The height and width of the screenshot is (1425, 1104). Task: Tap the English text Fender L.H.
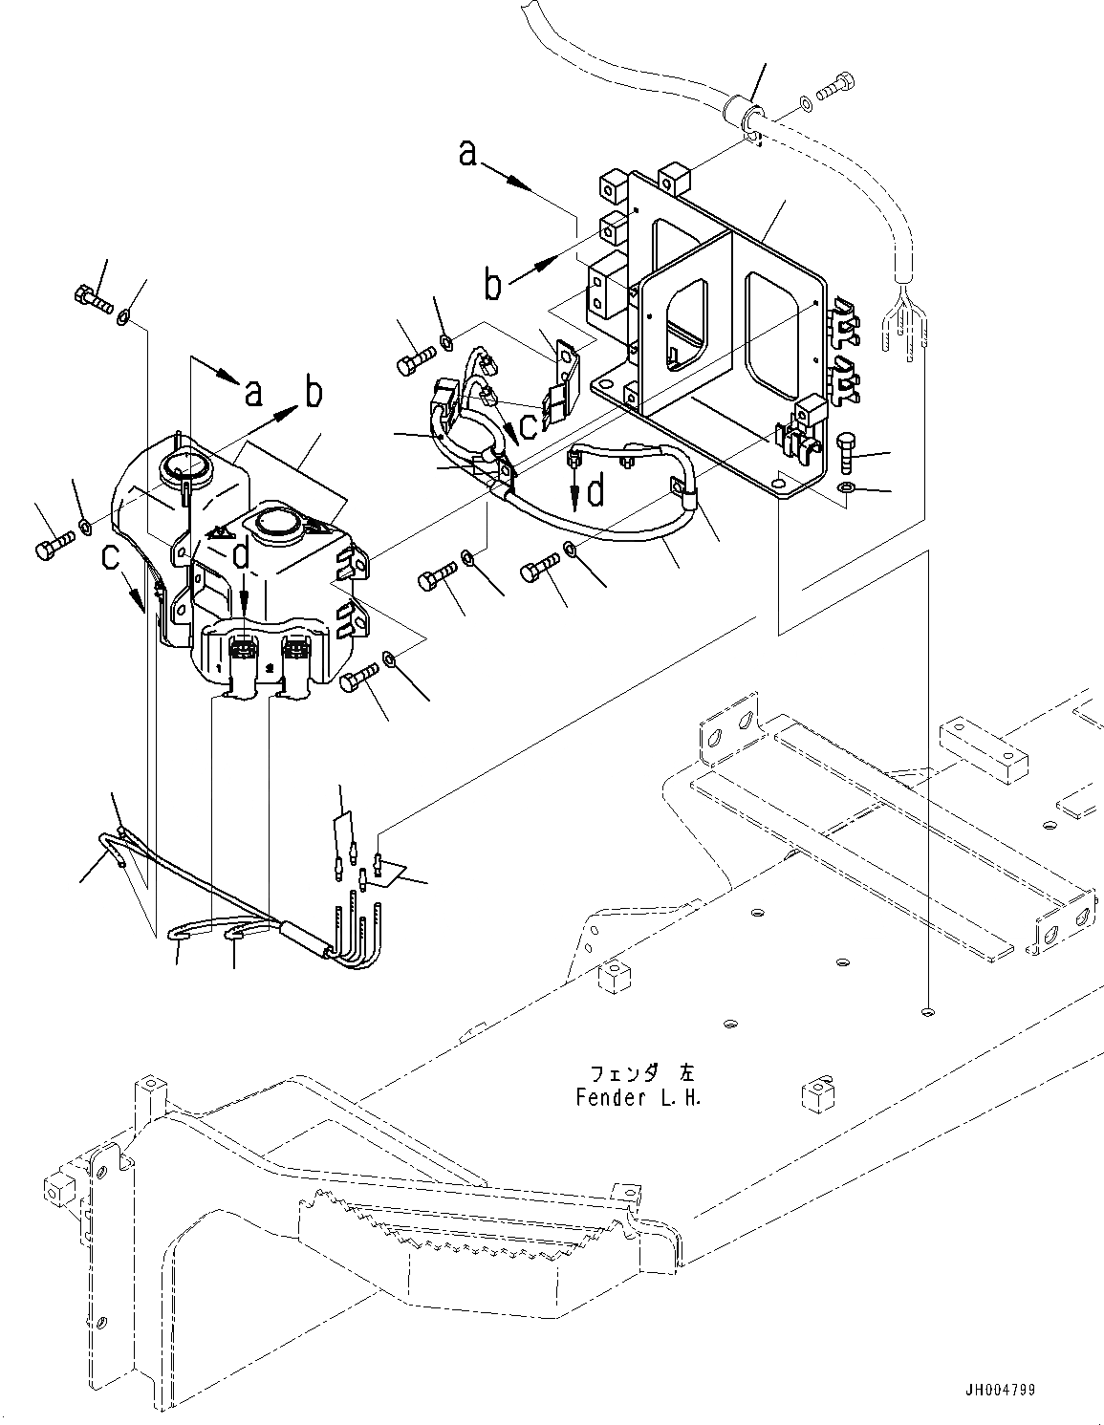(x=639, y=1098)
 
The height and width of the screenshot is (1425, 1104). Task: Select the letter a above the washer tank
(x=252, y=391)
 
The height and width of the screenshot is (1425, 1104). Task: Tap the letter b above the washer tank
(x=313, y=392)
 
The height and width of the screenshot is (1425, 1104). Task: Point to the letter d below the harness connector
(x=595, y=491)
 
